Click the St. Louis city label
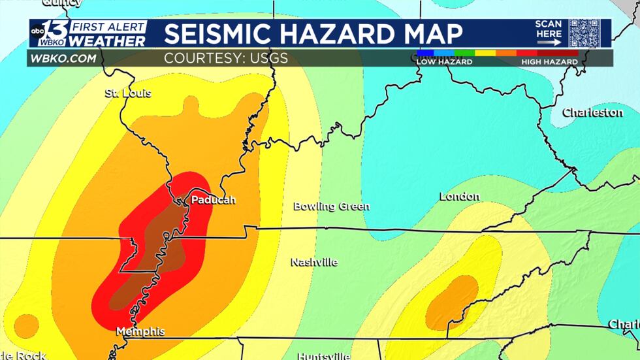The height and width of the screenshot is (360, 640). (x=128, y=93)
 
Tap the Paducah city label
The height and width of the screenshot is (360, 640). (x=213, y=200)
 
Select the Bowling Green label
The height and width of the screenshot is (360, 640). (x=331, y=206)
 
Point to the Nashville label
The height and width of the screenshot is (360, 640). (x=314, y=262)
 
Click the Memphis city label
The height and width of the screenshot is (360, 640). (x=140, y=332)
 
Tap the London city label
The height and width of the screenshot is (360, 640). (x=460, y=196)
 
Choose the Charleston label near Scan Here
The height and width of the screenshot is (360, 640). (x=592, y=112)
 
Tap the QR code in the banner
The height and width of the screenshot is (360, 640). (x=583, y=33)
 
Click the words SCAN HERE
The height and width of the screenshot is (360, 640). (x=549, y=29)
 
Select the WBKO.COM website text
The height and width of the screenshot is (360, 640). (x=62, y=59)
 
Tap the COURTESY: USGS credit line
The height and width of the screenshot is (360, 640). (x=225, y=59)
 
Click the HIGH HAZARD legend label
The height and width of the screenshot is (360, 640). (x=549, y=61)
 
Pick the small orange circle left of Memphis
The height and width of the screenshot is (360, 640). (x=26, y=325)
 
